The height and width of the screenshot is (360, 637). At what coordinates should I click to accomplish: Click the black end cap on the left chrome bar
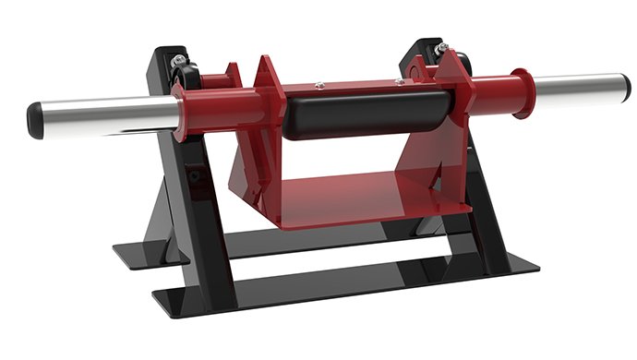[35, 120]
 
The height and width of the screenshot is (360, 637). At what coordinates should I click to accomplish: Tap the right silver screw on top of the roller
[399, 82]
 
